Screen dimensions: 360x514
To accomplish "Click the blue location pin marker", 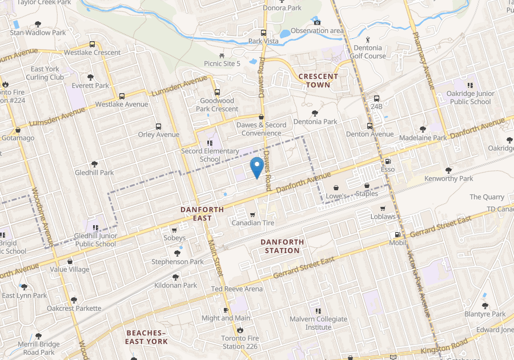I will (x=257, y=166).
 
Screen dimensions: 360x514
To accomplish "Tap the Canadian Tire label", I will (x=254, y=223).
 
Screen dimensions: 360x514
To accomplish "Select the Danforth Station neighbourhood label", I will (x=280, y=246).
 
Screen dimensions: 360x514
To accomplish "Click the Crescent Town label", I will (x=318, y=80).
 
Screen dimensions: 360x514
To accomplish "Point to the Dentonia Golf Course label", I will (x=368, y=52).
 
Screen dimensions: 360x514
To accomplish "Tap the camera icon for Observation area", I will (x=317, y=22).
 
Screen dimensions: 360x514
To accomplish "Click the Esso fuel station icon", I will (x=388, y=162).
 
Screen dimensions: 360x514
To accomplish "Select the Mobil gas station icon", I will (x=397, y=234).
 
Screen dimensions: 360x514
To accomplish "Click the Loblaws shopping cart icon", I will (x=382, y=208).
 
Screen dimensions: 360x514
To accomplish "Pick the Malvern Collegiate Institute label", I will (x=318, y=323).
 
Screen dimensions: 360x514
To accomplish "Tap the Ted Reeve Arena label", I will (x=237, y=289).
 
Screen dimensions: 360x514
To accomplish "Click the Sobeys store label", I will (x=175, y=238).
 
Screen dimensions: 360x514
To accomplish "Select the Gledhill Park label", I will (x=94, y=173).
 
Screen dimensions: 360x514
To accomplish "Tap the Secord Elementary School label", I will (x=210, y=155).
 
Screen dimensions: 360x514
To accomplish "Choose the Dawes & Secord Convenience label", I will (x=261, y=129).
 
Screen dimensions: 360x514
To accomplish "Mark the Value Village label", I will (x=70, y=269).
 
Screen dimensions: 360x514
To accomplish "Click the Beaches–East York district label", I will (x=147, y=337).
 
